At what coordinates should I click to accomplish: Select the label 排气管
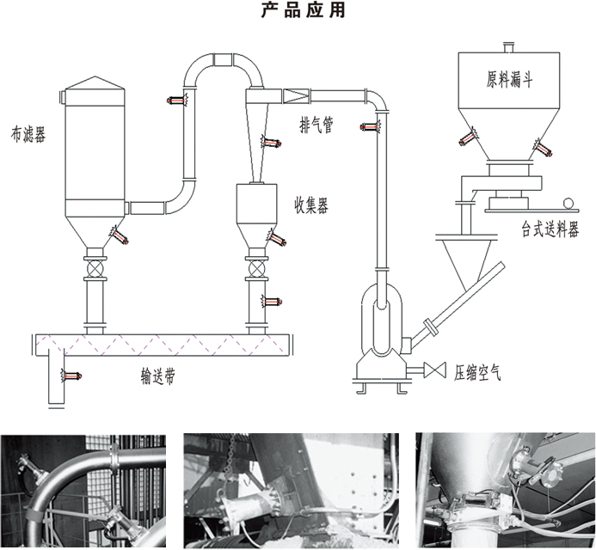click(x=316, y=125)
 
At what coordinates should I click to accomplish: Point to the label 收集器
click(x=310, y=205)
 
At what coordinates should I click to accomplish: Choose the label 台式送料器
click(x=550, y=230)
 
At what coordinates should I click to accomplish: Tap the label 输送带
click(x=158, y=376)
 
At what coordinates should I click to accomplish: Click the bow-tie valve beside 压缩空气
click(x=435, y=370)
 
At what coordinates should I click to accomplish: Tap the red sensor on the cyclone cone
click(x=273, y=141)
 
